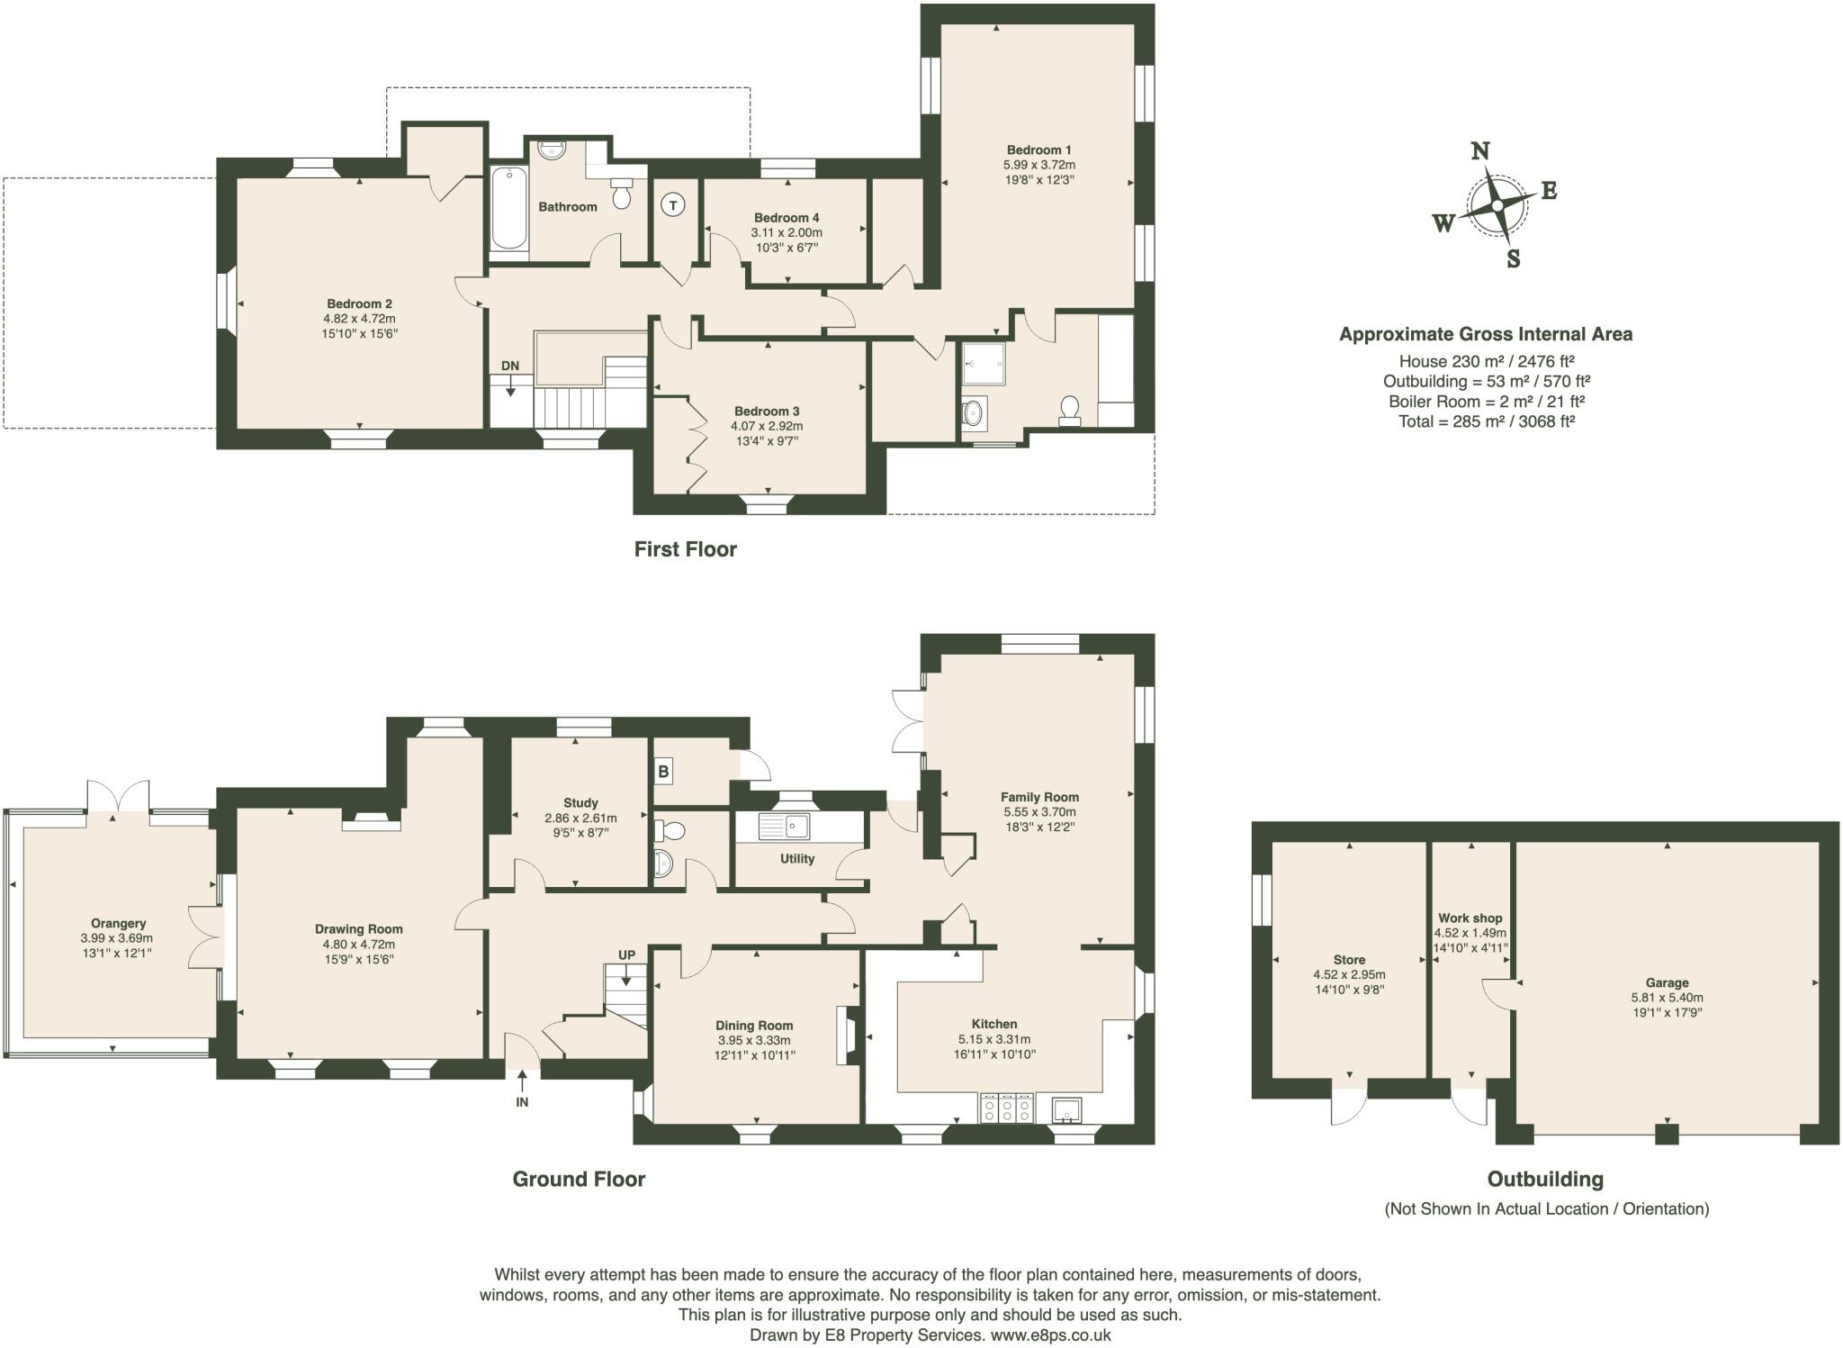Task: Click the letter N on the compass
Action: point(1479,151)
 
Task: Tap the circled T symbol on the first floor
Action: point(672,205)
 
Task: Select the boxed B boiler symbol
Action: point(664,771)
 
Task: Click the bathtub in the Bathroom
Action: point(509,209)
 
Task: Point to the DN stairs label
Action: point(510,366)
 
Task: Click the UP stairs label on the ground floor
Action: point(626,955)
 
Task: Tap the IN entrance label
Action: point(522,1101)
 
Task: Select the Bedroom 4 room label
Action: point(787,218)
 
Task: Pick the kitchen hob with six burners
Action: point(1007,1108)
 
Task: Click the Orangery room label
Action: point(118,923)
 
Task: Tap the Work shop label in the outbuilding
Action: point(1470,918)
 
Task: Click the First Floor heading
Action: point(685,549)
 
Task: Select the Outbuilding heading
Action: point(1545,1179)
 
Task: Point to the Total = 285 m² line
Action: point(1486,421)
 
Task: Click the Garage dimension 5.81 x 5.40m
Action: point(1667,998)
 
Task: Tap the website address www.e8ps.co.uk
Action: point(1050,1335)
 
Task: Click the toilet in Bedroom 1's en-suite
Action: point(1069,410)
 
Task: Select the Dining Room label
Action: point(754,1025)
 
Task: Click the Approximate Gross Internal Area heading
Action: point(1486,334)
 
